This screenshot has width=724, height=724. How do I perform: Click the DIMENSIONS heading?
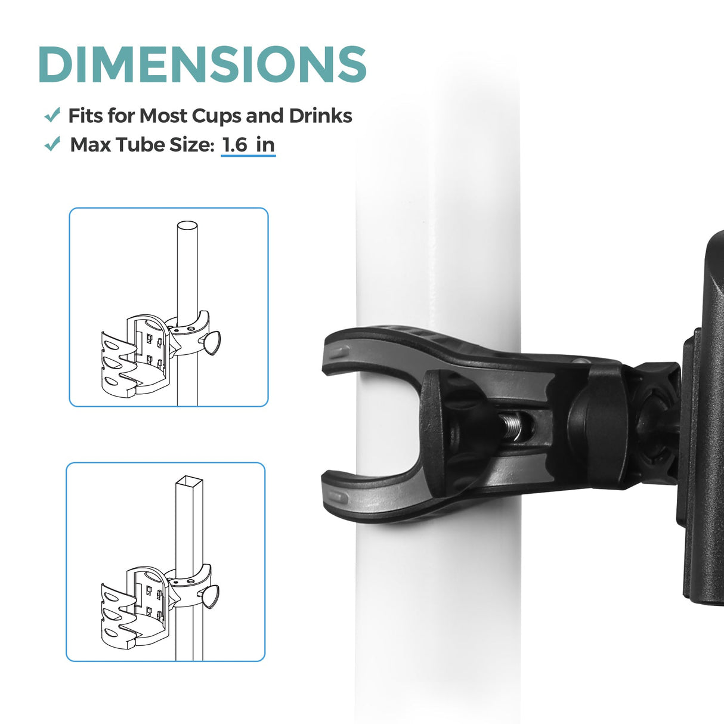203,64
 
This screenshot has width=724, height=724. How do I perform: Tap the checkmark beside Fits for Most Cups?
52,115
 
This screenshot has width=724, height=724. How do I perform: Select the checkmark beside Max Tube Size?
52,144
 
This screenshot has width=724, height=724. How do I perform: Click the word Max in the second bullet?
91,145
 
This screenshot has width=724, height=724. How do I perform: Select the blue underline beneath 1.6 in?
248,155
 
